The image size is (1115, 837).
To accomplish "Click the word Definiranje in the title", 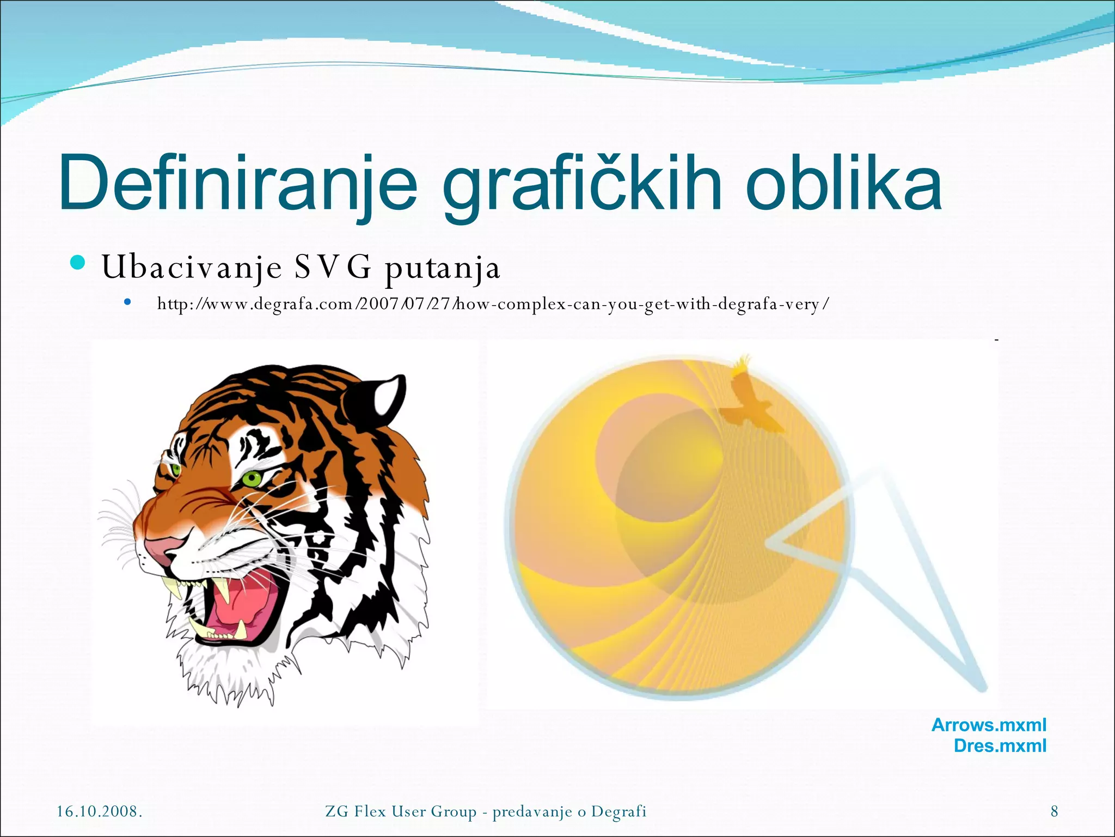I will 237,183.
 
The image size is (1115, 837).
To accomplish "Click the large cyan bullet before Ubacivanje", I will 78,263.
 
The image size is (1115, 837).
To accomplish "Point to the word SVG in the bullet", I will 333,267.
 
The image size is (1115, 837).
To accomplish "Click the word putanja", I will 442,268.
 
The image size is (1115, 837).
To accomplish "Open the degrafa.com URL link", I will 493,304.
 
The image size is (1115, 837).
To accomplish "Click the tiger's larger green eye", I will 252,479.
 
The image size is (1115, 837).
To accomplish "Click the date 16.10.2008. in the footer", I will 100,811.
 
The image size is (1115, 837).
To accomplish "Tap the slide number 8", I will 1054,811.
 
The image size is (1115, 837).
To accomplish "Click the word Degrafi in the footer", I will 618,811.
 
